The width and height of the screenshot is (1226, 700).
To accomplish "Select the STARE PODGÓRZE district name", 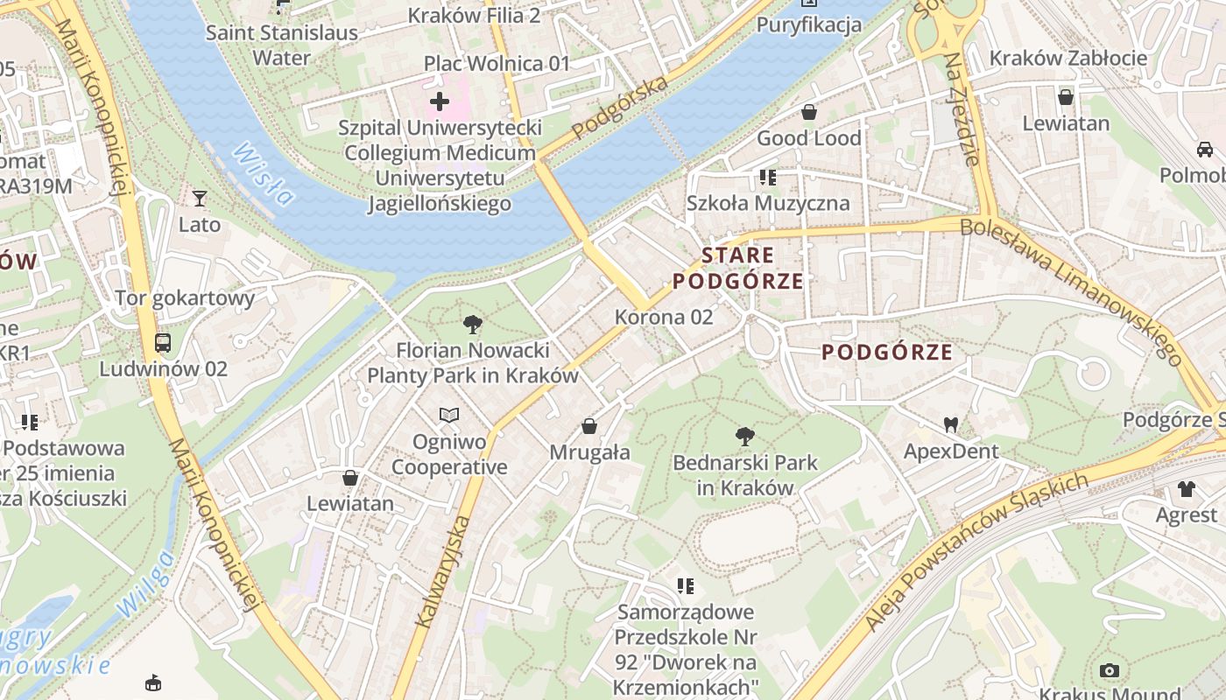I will [738, 269].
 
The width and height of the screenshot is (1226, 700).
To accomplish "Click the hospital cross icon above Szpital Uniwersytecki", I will [440, 101].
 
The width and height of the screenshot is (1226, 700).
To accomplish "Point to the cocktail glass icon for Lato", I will [200, 199].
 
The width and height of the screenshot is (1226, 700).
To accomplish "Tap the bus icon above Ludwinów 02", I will [163, 342].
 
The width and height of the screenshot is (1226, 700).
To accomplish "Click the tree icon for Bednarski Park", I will [745, 436].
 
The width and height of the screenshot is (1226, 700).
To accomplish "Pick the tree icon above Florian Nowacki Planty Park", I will [473, 325].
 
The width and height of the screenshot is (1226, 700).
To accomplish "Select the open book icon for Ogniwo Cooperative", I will [449, 415].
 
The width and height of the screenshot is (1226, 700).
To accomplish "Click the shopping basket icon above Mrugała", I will [589, 426].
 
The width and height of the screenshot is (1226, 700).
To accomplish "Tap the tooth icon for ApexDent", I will [951, 425].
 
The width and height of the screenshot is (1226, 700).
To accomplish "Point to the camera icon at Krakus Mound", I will [1110, 671].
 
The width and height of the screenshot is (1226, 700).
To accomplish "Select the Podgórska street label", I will [620, 108].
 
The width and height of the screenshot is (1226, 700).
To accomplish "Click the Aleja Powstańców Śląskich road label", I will [976, 553].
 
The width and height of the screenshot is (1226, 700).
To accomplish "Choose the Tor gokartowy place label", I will [185, 297].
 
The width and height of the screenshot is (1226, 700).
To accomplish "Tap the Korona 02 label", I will [664, 317].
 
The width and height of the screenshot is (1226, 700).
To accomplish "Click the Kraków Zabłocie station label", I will [1068, 58].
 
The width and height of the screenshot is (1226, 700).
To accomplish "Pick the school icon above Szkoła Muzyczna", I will [768, 178].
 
